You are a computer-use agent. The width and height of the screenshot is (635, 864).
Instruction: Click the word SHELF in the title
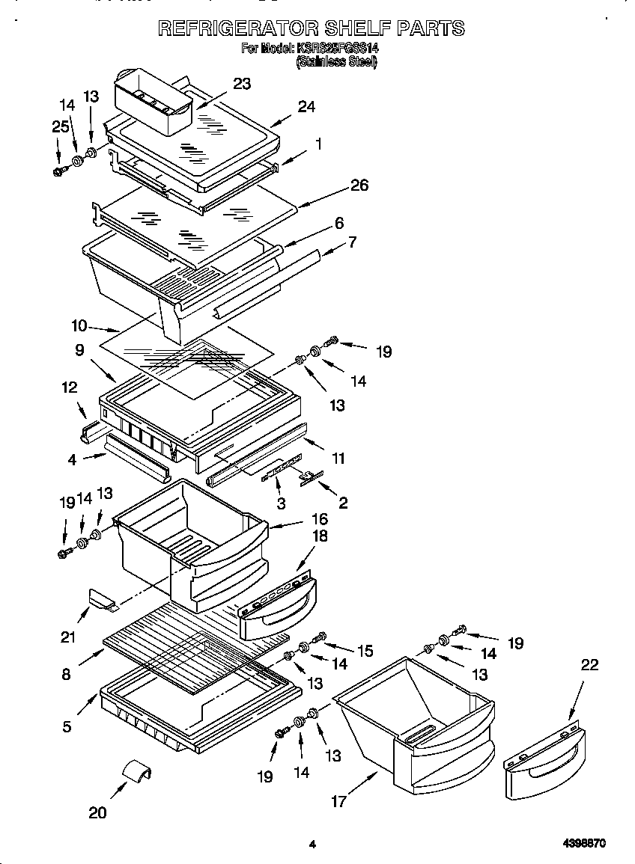coord(356,28)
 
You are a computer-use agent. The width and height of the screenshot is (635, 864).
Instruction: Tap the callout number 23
coord(242,84)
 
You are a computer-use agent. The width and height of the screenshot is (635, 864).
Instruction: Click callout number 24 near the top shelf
coord(306,106)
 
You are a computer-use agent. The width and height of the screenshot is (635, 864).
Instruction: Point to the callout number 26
coord(359,185)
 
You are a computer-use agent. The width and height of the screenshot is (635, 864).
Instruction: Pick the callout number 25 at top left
coord(61,127)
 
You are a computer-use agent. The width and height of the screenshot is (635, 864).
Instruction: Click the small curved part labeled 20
coord(137,770)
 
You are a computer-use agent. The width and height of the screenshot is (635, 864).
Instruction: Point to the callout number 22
coord(589,665)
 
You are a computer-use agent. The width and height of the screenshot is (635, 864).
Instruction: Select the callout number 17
coord(338,801)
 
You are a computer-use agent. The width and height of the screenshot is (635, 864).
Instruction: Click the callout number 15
coord(364,652)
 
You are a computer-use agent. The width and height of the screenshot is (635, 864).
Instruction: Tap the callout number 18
coord(320,536)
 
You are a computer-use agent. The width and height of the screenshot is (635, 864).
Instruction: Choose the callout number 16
coord(320,518)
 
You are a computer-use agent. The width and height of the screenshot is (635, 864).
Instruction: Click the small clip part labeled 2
coord(309,477)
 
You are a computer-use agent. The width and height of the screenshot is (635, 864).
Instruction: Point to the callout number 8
coord(67,674)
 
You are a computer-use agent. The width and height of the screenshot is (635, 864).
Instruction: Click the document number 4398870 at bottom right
coord(584,843)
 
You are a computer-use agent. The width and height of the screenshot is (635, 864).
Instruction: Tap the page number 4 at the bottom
coord(312,845)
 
